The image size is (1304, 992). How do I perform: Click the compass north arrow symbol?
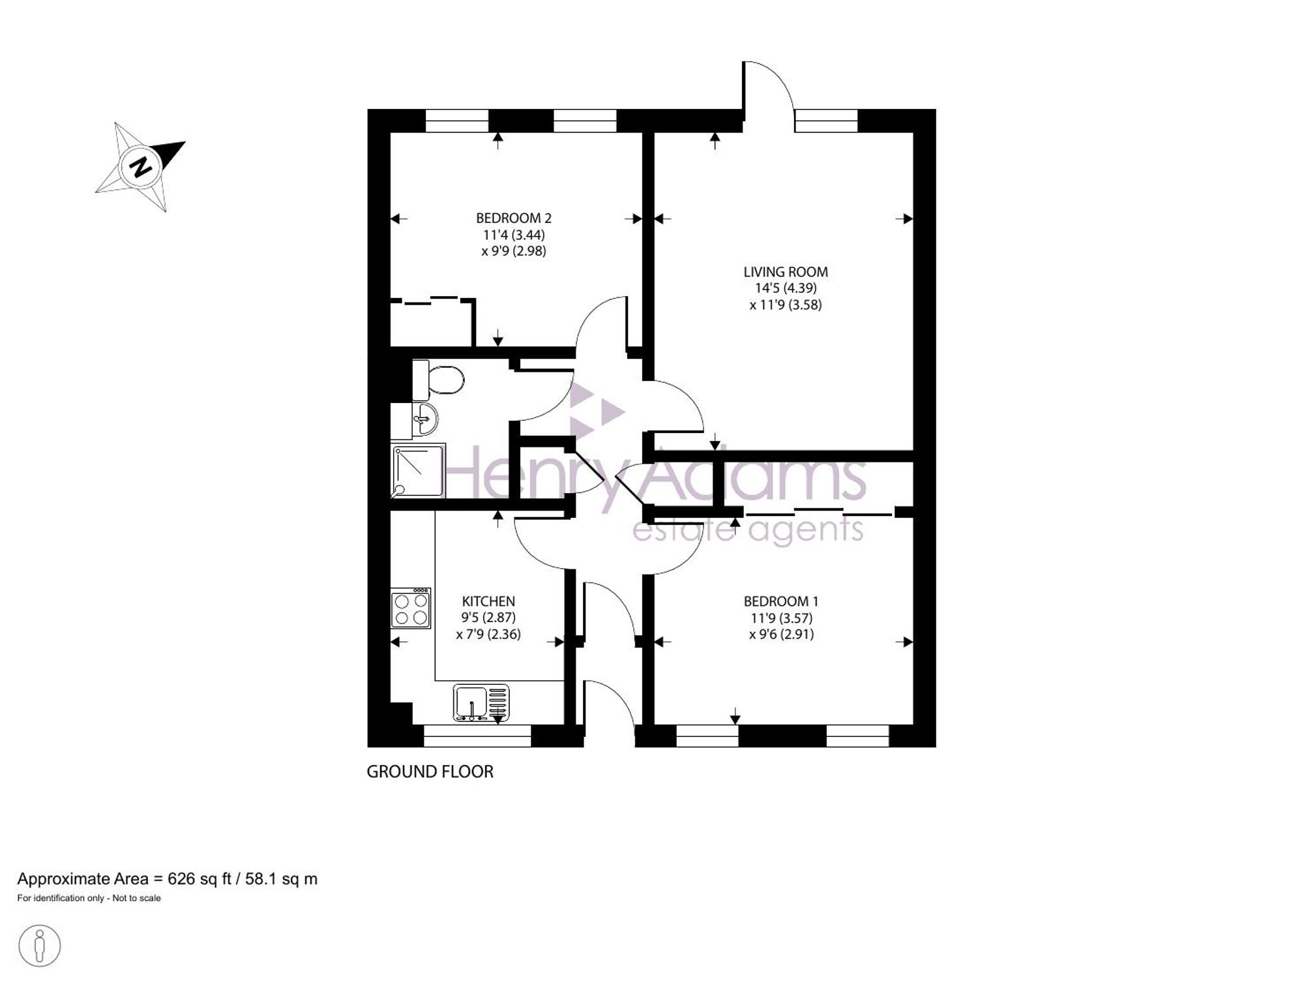tap(140, 166)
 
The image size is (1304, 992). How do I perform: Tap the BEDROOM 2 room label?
tap(514, 218)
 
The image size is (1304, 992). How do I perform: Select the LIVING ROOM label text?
tap(786, 272)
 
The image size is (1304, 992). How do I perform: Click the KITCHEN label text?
tap(488, 601)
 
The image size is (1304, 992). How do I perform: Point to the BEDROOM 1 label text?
tap(781, 601)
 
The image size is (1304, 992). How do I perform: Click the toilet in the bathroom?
tap(438, 380)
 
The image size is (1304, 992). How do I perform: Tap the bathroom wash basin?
tap(423, 419)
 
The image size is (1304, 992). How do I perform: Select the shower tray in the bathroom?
tap(418, 471)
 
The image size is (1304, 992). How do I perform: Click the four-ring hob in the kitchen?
tap(411, 608)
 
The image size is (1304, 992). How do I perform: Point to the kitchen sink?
tap(481, 702)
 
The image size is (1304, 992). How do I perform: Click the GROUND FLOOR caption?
tap(430, 772)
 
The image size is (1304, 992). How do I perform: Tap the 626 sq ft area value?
tap(200, 879)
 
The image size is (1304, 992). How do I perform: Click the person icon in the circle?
tap(40, 945)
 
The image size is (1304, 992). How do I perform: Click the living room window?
tap(826, 121)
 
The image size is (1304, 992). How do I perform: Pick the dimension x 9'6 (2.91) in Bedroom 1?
tap(782, 634)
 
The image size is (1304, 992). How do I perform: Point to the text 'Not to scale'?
tap(136, 898)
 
